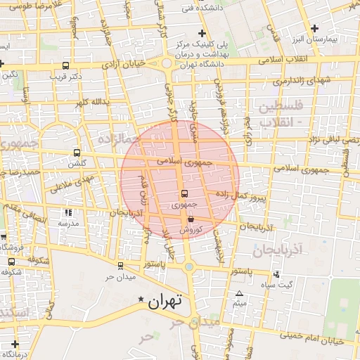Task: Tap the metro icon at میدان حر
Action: coord(120,266)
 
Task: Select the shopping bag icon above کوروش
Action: coord(191,219)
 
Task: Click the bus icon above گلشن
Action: coord(77,153)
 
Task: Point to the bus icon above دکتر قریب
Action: coord(65,65)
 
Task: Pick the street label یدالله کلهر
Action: coord(98,101)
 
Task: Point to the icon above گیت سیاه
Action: coord(276,274)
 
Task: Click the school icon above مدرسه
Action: coord(68,212)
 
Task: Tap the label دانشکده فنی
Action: coord(196,8)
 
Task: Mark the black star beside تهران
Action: coord(141,299)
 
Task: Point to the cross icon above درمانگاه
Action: coord(15,344)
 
